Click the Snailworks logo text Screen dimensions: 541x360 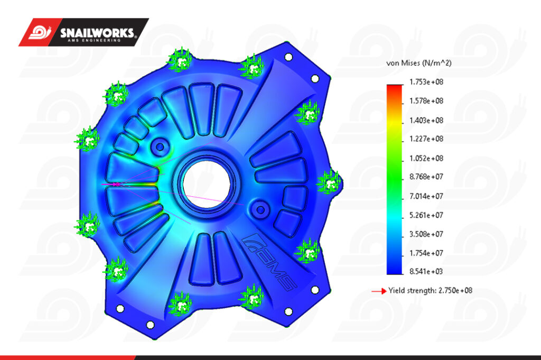coord(98,33)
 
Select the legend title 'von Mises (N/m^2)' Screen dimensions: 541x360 coord(419,63)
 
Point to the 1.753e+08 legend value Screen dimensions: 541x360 coord(426,82)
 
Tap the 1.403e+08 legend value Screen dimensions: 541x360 coord(426,121)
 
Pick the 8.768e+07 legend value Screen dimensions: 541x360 coord(426,177)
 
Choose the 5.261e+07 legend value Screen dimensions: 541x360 coord(426,215)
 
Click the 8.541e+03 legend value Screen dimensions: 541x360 coord(426,271)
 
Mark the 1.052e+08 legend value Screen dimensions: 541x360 coord(426,159)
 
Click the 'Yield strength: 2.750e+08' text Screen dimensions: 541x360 coord(430,290)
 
